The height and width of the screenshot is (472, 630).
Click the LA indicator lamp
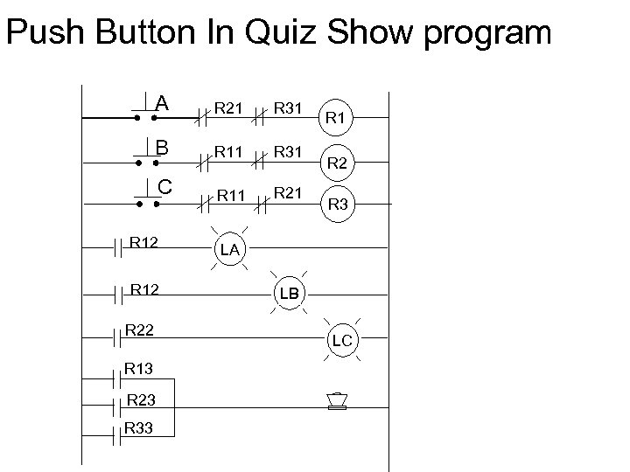coord(229,250)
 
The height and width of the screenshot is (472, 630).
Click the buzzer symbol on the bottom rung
coord(336,401)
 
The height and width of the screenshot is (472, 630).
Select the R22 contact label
coord(139,330)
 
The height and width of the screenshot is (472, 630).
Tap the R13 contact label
coord(138,370)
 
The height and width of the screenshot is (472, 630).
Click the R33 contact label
coord(138,427)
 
